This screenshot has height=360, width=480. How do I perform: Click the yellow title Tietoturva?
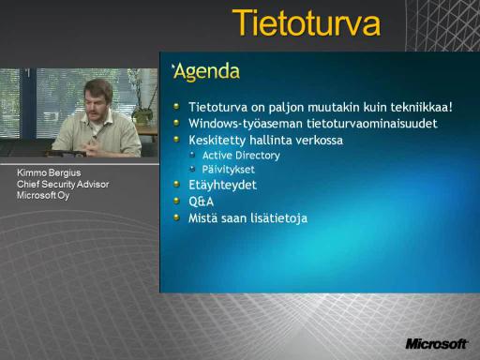click(x=307, y=23)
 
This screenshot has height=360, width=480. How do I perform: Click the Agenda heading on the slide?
click(x=206, y=72)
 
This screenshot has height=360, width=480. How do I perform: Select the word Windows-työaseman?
click(x=246, y=124)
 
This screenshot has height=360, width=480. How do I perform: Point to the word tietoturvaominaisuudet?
click(x=372, y=124)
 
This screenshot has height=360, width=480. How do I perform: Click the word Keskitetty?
click(x=217, y=140)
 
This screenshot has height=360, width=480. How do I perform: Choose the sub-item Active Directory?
click(x=241, y=156)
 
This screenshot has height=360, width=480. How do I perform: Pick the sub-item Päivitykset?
click(x=228, y=170)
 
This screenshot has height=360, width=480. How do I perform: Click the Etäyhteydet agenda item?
click(x=222, y=185)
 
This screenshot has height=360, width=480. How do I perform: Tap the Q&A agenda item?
click(x=201, y=202)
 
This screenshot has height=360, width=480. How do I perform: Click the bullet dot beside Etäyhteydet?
click(x=176, y=184)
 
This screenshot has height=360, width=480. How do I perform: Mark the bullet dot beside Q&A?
click(x=176, y=201)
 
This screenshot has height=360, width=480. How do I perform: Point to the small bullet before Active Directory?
click(x=192, y=155)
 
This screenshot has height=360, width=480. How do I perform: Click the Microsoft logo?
click(x=437, y=344)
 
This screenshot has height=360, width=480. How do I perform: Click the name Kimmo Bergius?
click(x=49, y=172)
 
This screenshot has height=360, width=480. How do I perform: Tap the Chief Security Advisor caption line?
click(x=63, y=185)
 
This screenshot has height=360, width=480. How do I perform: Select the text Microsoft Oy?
click(x=43, y=196)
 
